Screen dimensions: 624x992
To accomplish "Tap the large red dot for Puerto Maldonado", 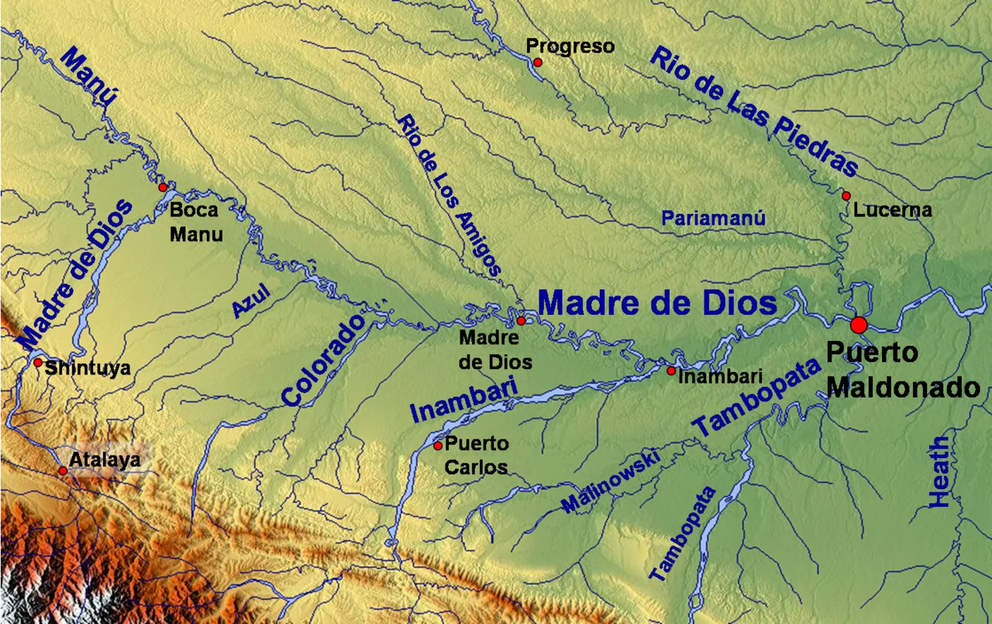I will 858,325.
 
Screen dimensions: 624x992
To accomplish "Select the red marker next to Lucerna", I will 846,196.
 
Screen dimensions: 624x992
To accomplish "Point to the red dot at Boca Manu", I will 163,188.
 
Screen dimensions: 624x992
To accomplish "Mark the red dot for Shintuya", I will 37,362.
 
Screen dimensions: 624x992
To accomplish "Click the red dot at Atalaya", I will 63,471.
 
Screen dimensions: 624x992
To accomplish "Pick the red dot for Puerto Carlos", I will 438,446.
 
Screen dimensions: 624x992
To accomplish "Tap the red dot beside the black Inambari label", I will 671,371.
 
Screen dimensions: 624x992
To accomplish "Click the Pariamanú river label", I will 713,219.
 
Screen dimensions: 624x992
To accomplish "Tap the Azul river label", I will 251,300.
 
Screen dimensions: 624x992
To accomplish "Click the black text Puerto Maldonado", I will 902,369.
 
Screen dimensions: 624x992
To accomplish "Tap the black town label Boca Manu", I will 196,221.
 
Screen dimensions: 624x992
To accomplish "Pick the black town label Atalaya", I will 105,460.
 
